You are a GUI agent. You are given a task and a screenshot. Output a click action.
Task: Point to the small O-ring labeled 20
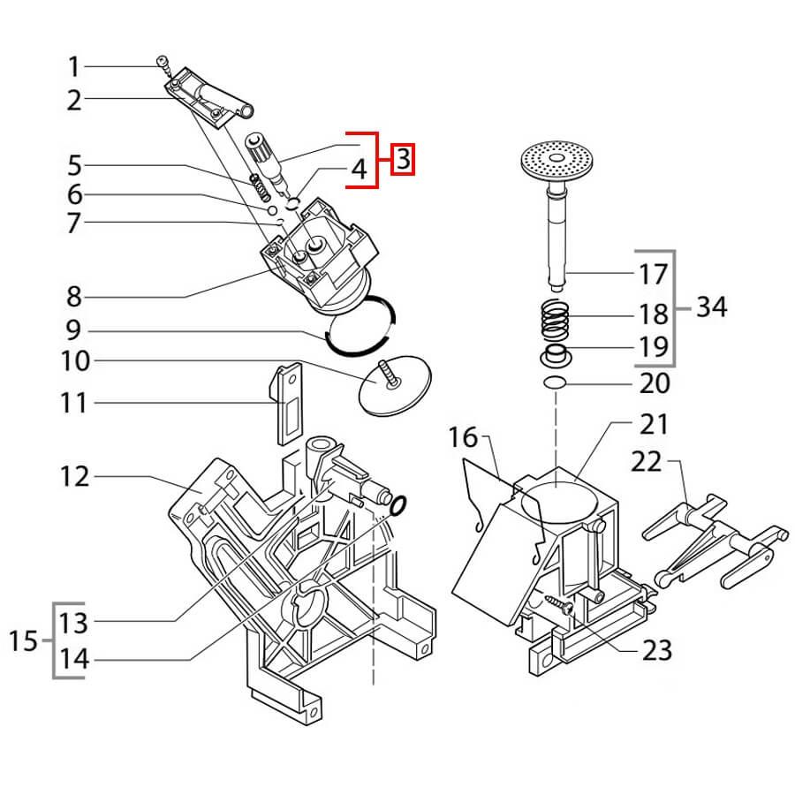coord(556,382)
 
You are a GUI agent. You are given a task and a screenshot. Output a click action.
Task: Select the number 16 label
coord(463,436)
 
